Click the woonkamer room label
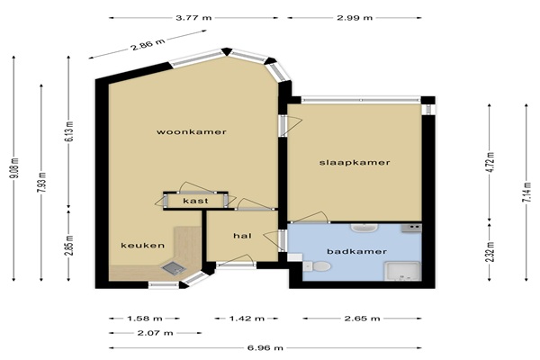pyautogui.click(x=192, y=132)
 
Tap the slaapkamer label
pyautogui.click(x=355, y=162)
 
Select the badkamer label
pyautogui.click(x=356, y=251)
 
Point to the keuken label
pyautogui.click(x=142, y=246)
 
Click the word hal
pyautogui.click(x=242, y=236)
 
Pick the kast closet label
pyautogui.click(x=195, y=201)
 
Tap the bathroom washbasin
pyautogui.click(x=364, y=228)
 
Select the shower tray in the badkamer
pyautogui.click(x=402, y=272)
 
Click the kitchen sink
pyautogui.click(x=174, y=268)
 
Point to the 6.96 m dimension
pyautogui.click(x=265, y=348)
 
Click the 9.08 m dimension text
pyautogui.click(x=14, y=168)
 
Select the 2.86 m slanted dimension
pyautogui.click(x=148, y=44)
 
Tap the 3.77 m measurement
pyautogui.click(x=193, y=18)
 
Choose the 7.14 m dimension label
pyautogui.click(x=526, y=193)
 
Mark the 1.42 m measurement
pyautogui.click(x=247, y=319)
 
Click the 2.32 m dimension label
pyautogui.click(x=490, y=252)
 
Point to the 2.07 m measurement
pyautogui.click(x=155, y=333)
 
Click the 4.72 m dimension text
pyautogui.click(x=490, y=163)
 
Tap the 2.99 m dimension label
pyautogui.click(x=355, y=18)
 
